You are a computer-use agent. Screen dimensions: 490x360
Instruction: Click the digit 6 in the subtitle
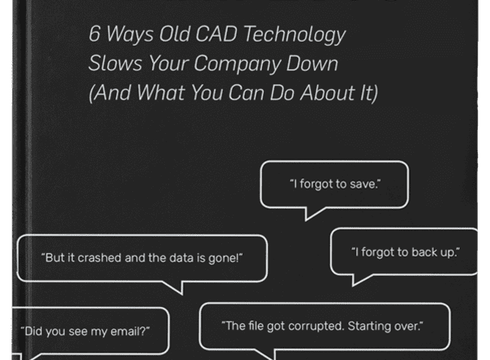(95, 33)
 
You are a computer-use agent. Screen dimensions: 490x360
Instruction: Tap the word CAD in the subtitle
(216, 33)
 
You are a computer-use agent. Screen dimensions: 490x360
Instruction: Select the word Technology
(295, 35)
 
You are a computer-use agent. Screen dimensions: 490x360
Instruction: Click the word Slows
(115, 63)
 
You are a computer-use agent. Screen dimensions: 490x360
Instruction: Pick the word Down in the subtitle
(312, 64)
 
